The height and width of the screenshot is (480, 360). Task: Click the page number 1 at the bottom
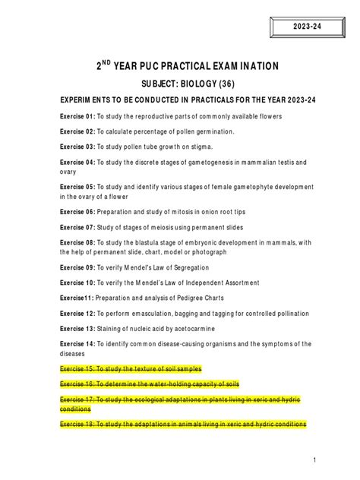314,459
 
